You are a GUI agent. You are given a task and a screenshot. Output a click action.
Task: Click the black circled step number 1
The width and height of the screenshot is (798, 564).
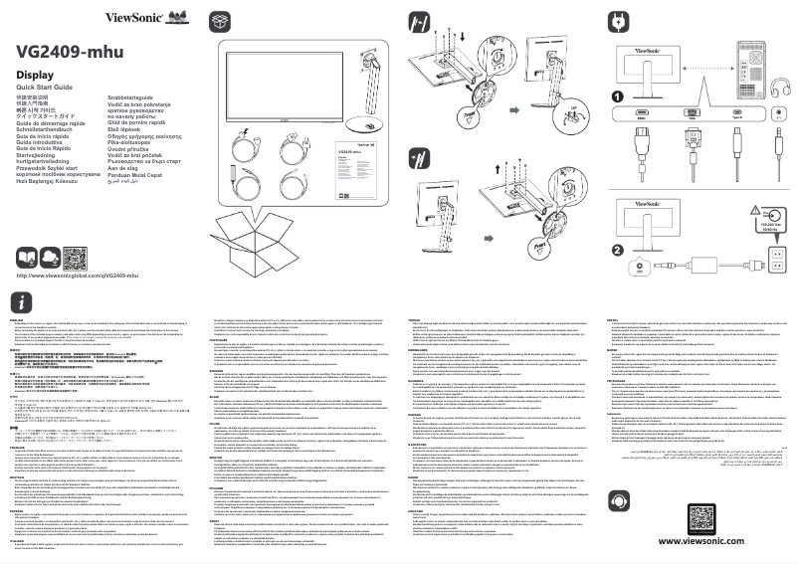pyautogui.click(x=618, y=96)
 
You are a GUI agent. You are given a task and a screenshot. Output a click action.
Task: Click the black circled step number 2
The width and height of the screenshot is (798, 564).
pyautogui.click(x=618, y=249)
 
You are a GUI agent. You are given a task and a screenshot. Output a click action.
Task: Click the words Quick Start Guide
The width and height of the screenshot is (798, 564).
pyautogui.click(x=50, y=90)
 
